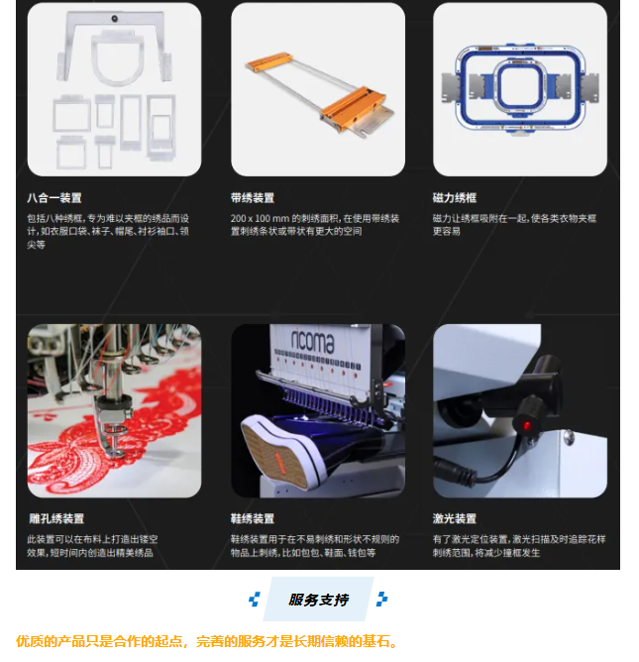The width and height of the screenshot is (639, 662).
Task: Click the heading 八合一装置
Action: [54, 197]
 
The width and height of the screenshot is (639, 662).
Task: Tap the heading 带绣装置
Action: [253, 197]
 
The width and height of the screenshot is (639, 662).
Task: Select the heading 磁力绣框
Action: [455, 197]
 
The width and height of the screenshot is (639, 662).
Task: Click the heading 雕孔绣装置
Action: [56, 518]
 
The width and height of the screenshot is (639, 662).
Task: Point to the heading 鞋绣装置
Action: [253, 518]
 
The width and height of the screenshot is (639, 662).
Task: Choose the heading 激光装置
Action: [455, 518]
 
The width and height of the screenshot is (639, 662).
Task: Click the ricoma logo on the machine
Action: [313, 340]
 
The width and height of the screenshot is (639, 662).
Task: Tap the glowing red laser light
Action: [527, 425]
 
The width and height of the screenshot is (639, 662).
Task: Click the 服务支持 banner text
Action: [319, 600]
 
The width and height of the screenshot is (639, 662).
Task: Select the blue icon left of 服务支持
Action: [254, 600]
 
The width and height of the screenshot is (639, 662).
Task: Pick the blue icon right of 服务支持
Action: [382, 600]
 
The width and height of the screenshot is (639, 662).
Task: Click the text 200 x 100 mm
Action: [260, 218]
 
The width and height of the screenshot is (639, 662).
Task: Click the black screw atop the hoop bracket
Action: [114, 18]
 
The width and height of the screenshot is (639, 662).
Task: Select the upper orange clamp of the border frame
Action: [269, 61]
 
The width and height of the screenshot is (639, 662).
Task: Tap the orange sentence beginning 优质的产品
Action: [207, 641]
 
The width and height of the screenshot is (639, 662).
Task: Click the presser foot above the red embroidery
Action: [111, 426]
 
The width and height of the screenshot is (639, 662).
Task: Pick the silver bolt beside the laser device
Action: [569, 437]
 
